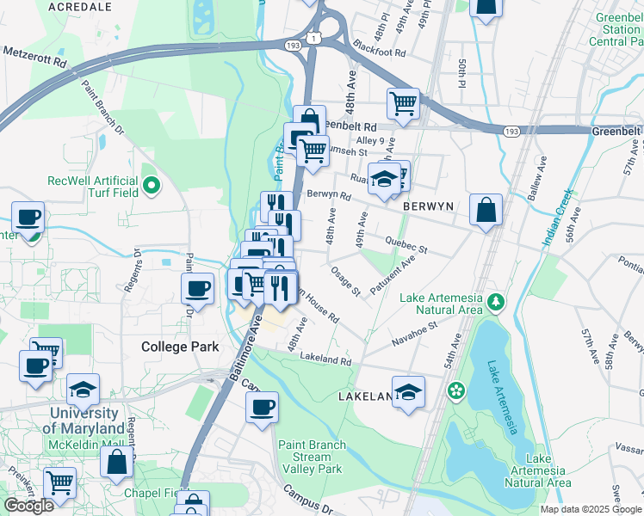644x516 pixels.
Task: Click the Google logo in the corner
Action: tap(28, 506)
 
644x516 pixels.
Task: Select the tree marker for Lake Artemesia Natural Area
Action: tap(496, 302)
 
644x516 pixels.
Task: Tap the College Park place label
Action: tap(180, 347)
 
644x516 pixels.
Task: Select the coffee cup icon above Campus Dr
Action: tap(262, 408)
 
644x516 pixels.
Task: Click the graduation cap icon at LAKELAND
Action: tap(408, 392)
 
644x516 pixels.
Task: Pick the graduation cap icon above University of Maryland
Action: tap(83, 390)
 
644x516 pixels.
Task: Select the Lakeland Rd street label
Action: tap(325, 361)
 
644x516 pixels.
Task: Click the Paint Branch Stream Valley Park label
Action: tap(311, 457)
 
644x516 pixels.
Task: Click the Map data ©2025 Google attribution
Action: tap(590, 509)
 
